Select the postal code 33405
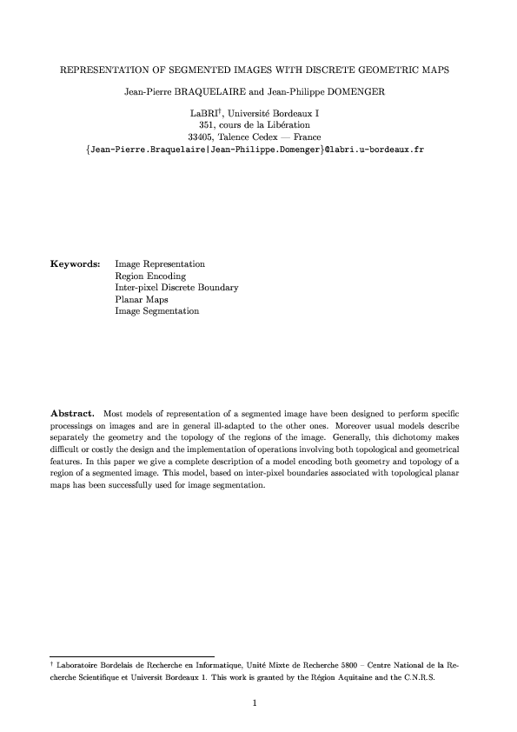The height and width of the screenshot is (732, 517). tap(202, 137)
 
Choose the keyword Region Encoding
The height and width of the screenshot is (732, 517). tap(150, 275)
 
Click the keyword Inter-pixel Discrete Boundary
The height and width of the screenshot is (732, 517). tap(176, 287)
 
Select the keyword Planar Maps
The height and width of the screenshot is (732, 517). tap(142, 299)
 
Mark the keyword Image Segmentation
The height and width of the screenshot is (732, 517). tap(157, 311)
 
